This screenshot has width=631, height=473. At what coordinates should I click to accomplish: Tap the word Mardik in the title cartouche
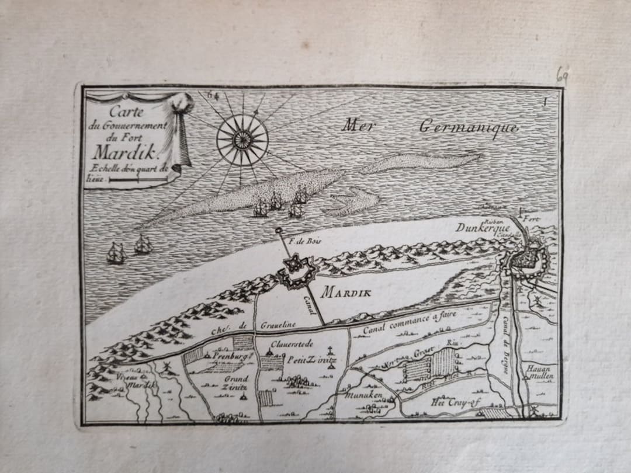123,153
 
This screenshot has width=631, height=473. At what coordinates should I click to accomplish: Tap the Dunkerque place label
483,228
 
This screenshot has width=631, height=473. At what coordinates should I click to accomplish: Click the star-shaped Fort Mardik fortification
296,271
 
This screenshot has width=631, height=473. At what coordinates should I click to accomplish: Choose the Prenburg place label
232,355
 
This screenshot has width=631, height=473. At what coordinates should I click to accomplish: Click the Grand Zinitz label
235,383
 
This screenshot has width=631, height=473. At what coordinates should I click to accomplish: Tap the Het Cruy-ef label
451,402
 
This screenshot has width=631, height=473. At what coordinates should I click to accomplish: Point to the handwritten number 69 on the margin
562,75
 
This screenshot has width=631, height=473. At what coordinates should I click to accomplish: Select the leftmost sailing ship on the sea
116,253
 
